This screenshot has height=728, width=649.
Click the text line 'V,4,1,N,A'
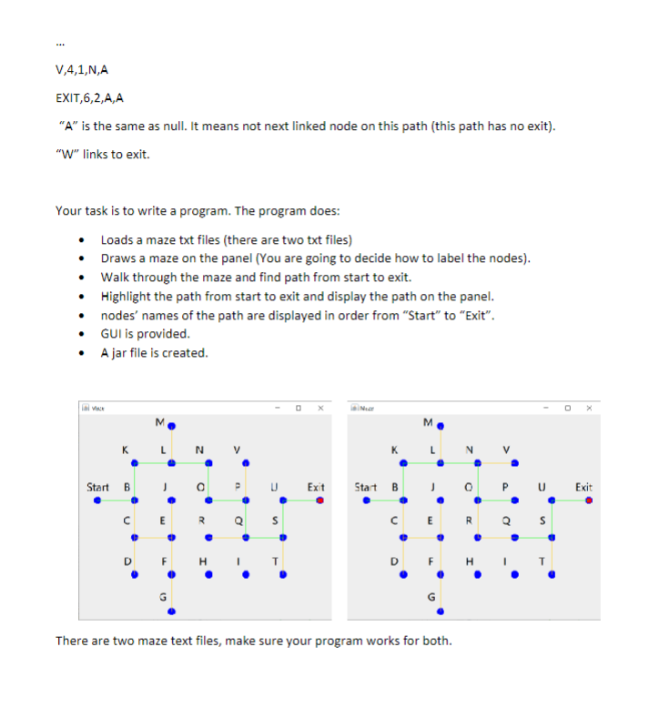point(83,68)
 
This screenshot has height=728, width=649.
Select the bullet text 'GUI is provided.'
point(145,333)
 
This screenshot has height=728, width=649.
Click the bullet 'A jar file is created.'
point(154,352)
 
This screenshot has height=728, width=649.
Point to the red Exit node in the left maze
point(319,499)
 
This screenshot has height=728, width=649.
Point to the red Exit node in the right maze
point(589,499)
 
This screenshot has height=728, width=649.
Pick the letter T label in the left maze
point(271,561)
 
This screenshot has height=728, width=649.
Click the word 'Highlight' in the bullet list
point(128,296)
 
